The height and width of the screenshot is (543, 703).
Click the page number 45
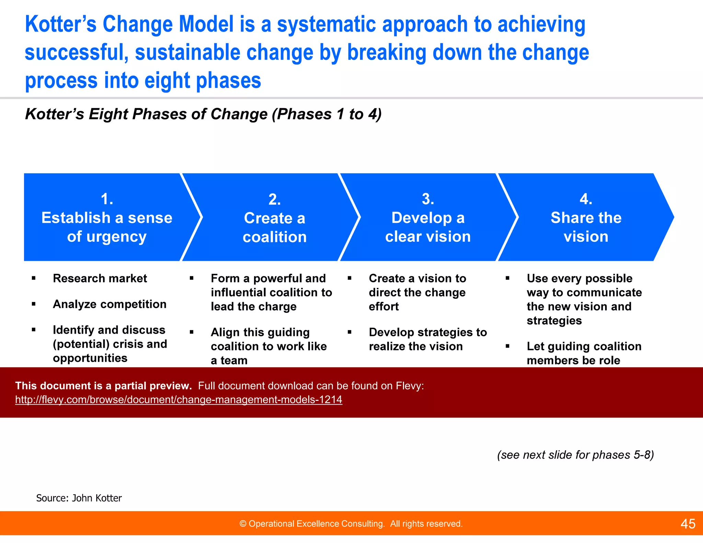point(688,524)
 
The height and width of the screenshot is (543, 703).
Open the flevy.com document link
point(178,400)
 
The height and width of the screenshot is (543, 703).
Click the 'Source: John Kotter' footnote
point(79,498)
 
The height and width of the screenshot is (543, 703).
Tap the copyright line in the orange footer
point(351,524)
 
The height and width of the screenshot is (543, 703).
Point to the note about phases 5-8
point(575,455)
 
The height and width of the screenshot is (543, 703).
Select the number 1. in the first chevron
point(107,199)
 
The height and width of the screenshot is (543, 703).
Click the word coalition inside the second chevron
point(275,237)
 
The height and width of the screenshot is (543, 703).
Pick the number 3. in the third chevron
point(428,199)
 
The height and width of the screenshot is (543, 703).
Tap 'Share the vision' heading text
point(586,227)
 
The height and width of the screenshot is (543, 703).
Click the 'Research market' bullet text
point(100,278)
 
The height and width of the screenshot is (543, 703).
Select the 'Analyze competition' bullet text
point(110,304)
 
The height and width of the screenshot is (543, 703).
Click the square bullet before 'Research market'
point(34,278)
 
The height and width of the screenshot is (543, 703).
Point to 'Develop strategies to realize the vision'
point(427,339)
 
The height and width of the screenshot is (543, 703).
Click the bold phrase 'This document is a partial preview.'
point(103,386)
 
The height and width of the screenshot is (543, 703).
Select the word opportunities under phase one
point(90,358)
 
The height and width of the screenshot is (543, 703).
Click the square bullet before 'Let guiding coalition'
point(507,346)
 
